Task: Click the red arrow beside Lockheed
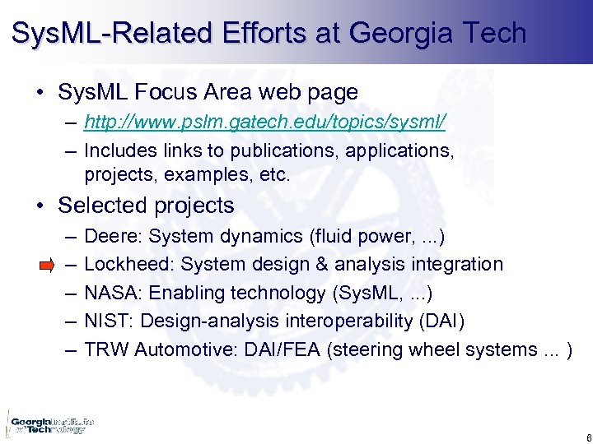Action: pyautogui.click(x=47, y=265)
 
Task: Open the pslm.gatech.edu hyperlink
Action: pyautogui.click(x=265, y=123)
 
